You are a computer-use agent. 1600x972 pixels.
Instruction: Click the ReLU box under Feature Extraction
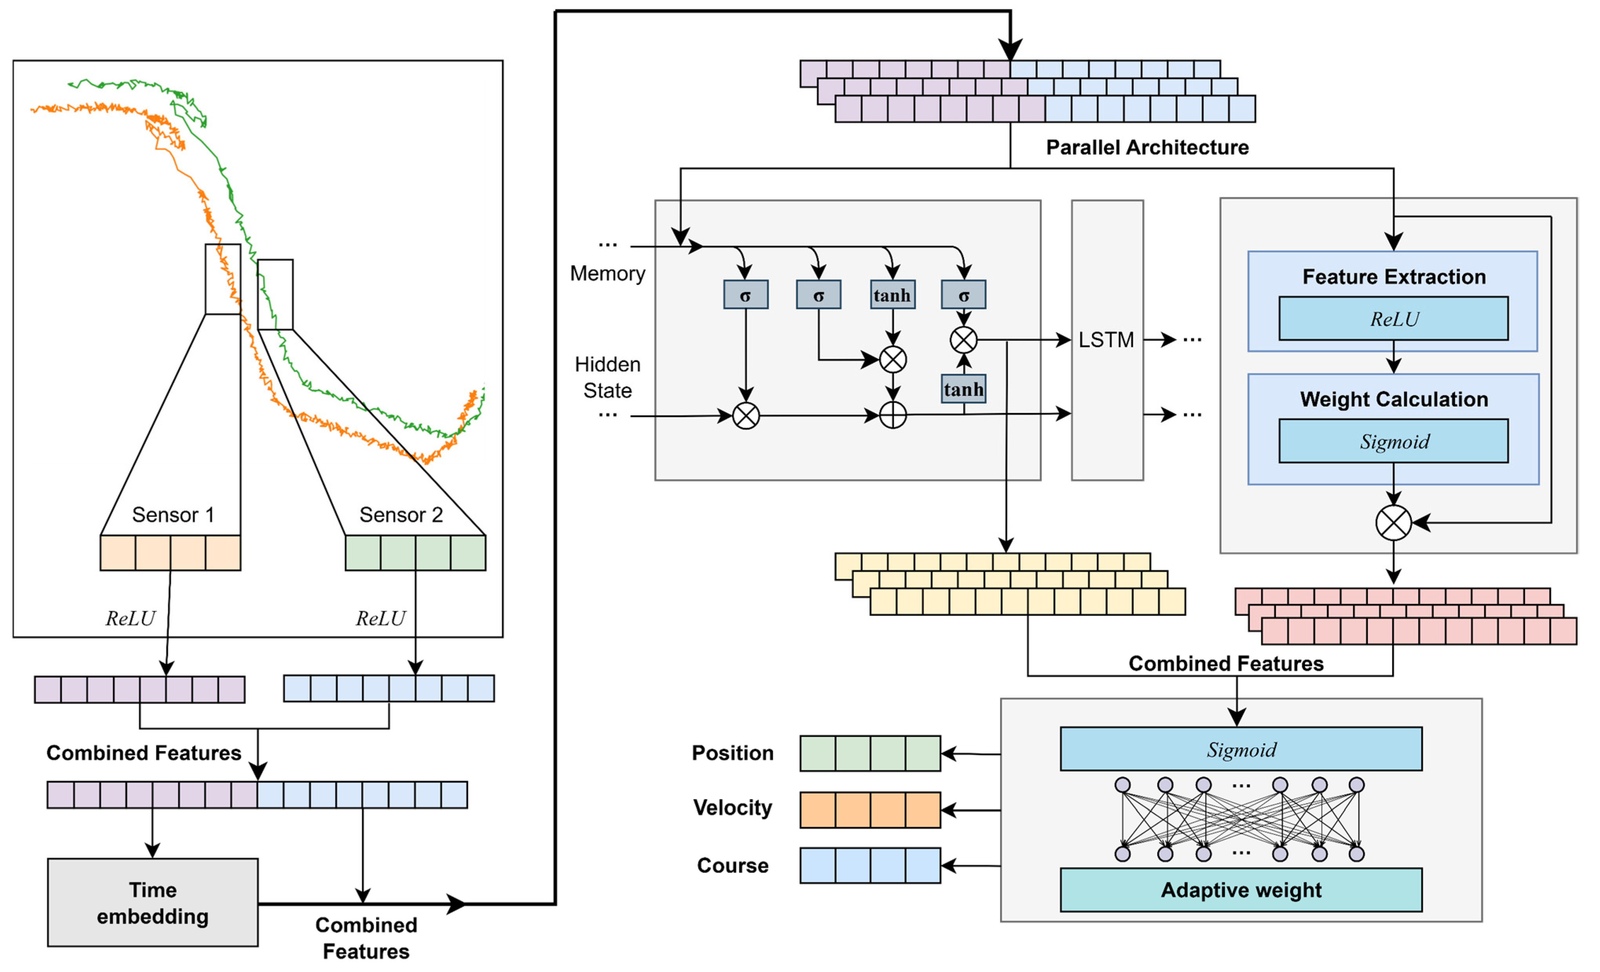point(1393,318)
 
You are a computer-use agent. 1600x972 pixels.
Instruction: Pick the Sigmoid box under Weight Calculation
point(1393,441)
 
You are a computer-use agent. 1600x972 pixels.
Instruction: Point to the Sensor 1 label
point(173,514)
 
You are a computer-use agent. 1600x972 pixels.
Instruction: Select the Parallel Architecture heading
point(1147,147)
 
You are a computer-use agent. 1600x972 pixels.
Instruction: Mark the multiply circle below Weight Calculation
point(1393,522)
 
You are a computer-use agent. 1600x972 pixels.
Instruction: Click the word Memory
point(607,274)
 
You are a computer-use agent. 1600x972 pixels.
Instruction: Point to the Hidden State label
point(607,377)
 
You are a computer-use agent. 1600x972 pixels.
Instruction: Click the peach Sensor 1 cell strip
point(170,553)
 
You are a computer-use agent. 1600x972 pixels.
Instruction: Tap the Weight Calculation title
point(1393,399)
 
